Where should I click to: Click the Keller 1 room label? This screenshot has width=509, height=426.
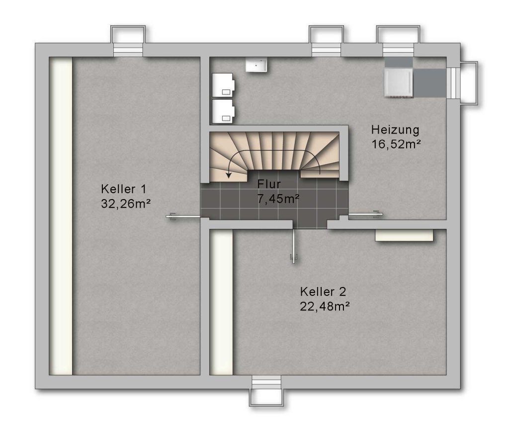[x=124, y=189]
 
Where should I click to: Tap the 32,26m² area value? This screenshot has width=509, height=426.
[x=126, y=204]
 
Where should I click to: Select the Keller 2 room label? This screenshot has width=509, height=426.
[x=323, y=291]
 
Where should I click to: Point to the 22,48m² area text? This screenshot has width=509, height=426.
[x=325, y=306]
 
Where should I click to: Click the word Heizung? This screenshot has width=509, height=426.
[x=395, y=130]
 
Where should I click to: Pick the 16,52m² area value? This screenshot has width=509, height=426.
[x=396, y=144]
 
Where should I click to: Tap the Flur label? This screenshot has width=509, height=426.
[x=269, y=184]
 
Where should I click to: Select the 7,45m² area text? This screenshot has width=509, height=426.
[x=278, y=199]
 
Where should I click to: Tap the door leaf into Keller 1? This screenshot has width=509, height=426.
[x=183, y=216]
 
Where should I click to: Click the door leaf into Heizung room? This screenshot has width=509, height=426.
[x=365, y=214]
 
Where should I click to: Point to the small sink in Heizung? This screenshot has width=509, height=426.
[x=256, y=65]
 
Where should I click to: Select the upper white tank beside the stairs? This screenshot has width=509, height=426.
[x=223, y=85]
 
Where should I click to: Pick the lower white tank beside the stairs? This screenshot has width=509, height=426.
[x=223, y=112]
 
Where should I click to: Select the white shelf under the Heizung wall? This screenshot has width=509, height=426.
[x=404, y=235]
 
